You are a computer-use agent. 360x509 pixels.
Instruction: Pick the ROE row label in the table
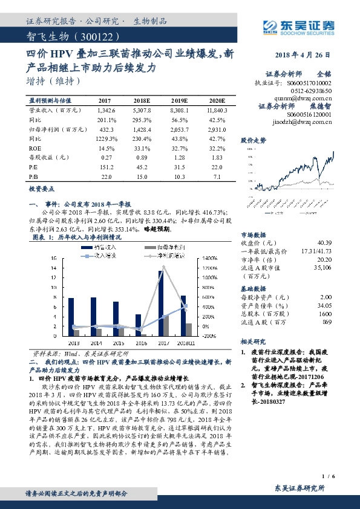point(35,147)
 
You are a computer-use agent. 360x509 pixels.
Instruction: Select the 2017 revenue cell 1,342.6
point(105,110)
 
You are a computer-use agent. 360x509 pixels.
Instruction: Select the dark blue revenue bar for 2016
point(138,325)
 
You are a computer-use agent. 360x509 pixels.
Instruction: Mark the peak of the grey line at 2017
point(163,266)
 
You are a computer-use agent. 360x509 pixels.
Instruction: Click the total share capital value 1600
point(326,313)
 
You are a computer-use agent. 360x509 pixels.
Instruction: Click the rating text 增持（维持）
point(54,80)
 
